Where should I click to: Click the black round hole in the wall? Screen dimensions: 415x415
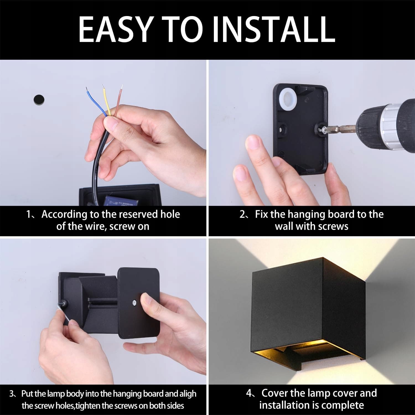[39, 99]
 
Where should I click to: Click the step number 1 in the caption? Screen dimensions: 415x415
[28, 214]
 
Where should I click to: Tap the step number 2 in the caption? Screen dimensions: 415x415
[242, 214]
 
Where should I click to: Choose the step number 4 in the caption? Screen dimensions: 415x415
[249, 393]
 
